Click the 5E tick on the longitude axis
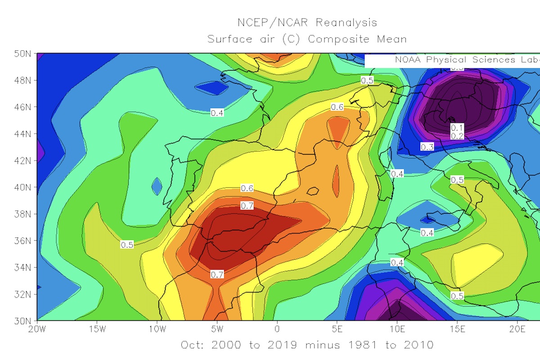337,328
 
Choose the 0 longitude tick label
277,328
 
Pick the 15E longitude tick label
457,328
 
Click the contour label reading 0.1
457,128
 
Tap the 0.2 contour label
457,136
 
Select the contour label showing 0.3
427,147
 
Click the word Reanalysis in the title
346,22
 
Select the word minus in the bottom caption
321,345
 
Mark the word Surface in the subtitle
230,39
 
